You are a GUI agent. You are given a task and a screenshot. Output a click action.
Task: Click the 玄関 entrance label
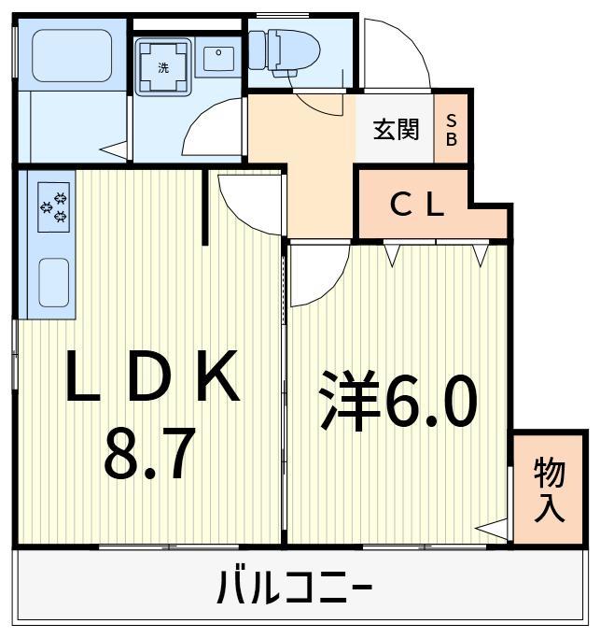pyautogui.click(x=397, y=129)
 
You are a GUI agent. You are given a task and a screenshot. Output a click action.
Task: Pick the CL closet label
pyautogui.click(x=416, y=206)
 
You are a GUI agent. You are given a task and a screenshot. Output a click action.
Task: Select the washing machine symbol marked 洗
pyautogui.click(x=163, y=66)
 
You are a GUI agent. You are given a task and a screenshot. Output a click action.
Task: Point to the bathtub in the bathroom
pyautogui.click(x=72, y=55)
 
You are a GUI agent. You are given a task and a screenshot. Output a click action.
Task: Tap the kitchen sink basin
pyautogui.click(x=54, y=280)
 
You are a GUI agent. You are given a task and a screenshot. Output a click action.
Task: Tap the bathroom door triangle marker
pyautogui.click(x=115, y=149)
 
